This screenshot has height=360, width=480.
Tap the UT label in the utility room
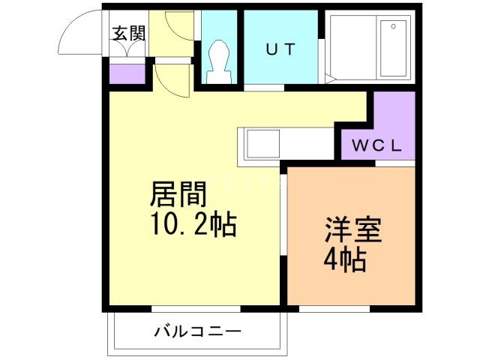(280, 49)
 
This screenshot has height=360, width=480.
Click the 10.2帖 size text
(193, 223)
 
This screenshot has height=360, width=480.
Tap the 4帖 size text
(345, 259)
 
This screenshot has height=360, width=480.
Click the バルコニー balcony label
(197, 330)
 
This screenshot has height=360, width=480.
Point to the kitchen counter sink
(258, 142)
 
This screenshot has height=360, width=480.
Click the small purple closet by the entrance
(127, 74)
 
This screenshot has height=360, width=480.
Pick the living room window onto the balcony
(196, 308)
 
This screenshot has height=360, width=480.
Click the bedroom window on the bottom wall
(334, 308)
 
